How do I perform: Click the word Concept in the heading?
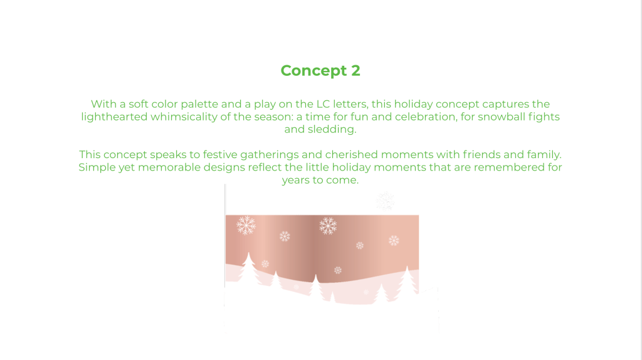pos(313,71)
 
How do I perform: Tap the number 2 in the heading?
pos(356,70)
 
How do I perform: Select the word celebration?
pos(426,117)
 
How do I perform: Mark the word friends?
pos(481,155)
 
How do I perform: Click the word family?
pos(544,155)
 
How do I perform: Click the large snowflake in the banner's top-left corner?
pos(246,225)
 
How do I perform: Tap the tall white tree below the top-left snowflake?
pos(248,268)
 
